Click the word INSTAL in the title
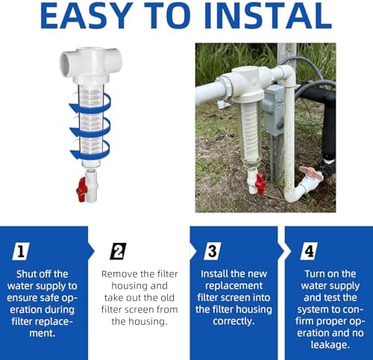[268, 16]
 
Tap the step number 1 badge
[21, 251]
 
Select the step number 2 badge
[118, 251]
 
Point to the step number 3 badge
[212, 251]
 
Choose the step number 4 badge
[309, 251]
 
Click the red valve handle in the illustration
[81, 189]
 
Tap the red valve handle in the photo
[260, 184]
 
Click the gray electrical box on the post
[274, 110]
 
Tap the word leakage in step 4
[330, 345]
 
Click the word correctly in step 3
[233, 321]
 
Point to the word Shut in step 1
[25, 274]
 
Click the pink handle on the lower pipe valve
[311, 173]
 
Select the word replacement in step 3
[233, 285]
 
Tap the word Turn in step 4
[314, 274]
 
